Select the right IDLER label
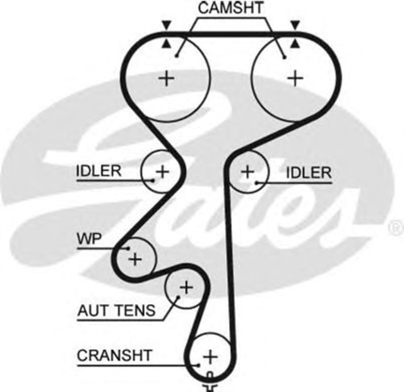[309, 173]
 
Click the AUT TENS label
[115, 310]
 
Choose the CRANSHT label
[114, 355]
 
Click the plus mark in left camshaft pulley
[167, 78]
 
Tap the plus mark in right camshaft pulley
[295, 78]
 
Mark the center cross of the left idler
[163, 171]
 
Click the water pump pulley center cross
[134, 258]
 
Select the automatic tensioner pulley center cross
[185, 288]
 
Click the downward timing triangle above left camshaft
[166, 25]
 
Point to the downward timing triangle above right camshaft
[294, 25]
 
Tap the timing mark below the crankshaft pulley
[210, 382]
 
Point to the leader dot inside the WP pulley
[128, 248]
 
